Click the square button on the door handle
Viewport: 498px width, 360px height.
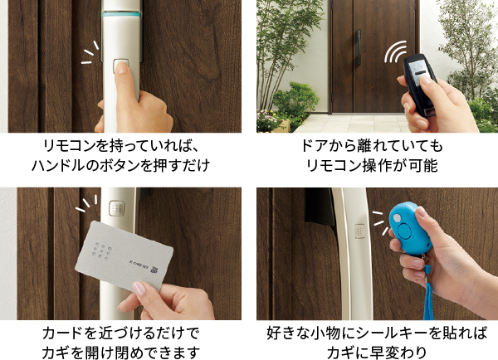pyautogui.click(x=121, y=66)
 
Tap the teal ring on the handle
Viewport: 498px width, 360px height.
pyautogui.click(x=121, y=14)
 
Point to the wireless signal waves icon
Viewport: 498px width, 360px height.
pyautogui.click(x=395, y=51)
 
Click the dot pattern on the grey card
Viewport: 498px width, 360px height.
pyautogui.click(x=102, y=251)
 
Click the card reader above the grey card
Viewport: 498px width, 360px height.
pyautogui.click(x=117, y=208)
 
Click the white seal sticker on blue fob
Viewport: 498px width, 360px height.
pyautogui.click(x=397, y=218)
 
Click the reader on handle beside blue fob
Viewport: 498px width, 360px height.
pyautogui.click(x=360, y=231)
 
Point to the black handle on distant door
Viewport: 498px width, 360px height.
pyautogui.click(x=359, y=47)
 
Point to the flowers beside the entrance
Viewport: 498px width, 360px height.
pyautogui.click(x=266, y=120)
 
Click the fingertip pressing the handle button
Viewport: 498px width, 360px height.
pyautogui.click(x=121, y=67)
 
